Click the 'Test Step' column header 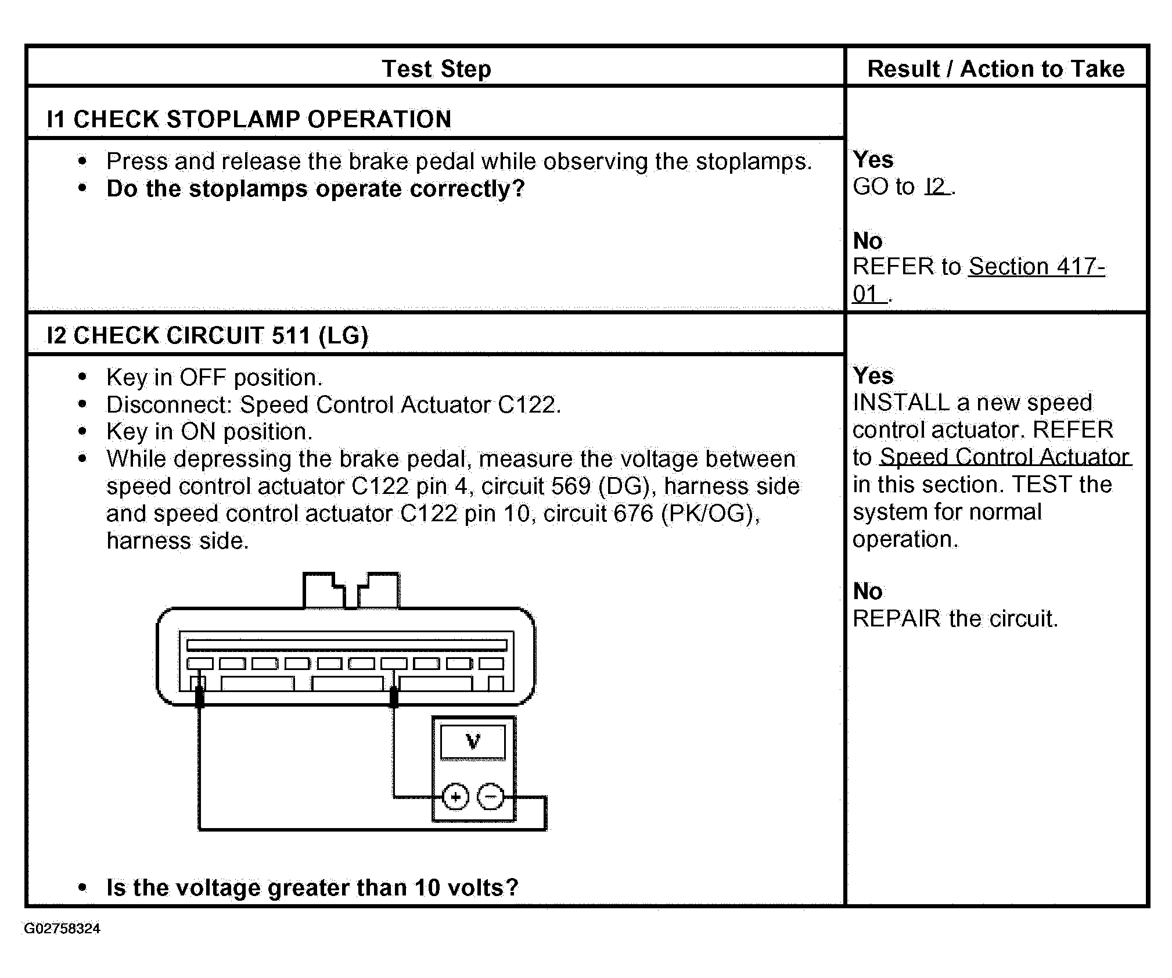(x=436, y=69)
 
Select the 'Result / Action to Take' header (x=995, y=69)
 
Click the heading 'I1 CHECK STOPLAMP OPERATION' (x=249, y=119)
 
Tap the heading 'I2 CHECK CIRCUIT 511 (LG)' (x=207, y=336)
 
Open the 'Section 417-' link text (x=1037, y=267)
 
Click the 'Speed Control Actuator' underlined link (x=1005, y=457)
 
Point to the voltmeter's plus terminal (x=455, y=797)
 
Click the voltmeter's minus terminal (x=491, y=797)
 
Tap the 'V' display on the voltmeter (x=473, y=742)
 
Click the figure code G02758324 (x=62, y=929)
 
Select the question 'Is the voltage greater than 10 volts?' (x=312, y=888)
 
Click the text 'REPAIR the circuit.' (x=955, y=619)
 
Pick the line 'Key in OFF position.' (x=214, y=378)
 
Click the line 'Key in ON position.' (x=209, y=432)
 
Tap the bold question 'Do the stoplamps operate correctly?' (x=315, y=189)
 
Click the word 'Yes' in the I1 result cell (x=873, y=160)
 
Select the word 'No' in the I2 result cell (x=868, y=592)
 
